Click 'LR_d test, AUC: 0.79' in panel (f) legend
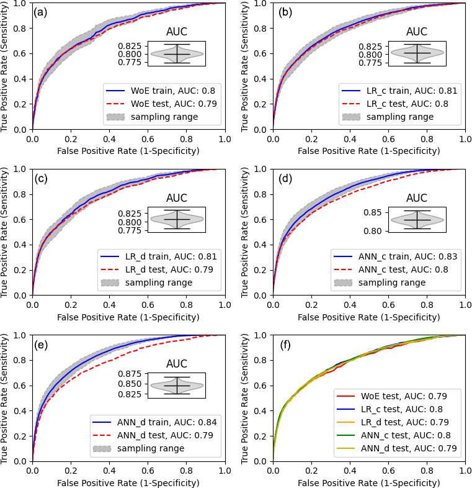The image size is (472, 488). tap(408, 422)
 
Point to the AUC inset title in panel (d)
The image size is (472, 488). tap(417, 198)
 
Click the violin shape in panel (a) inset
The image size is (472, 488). tap(177, 54)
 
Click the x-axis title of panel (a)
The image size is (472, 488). tap(128, 151)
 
